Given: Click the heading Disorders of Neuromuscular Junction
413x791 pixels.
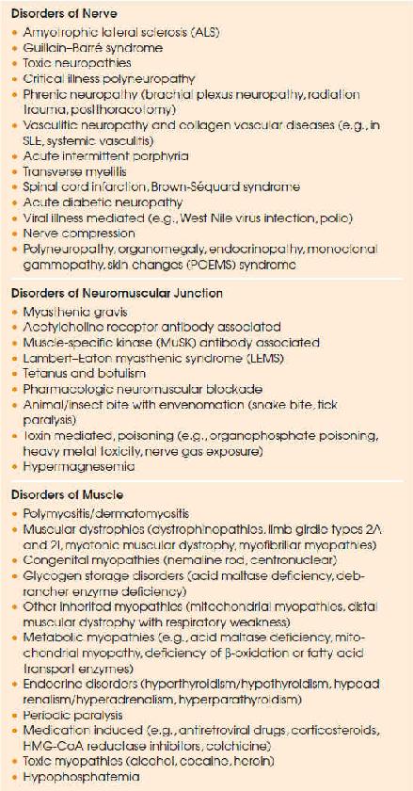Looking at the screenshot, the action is click(x=116, y=293).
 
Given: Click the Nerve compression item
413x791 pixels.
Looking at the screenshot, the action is click(x=80, y=233).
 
